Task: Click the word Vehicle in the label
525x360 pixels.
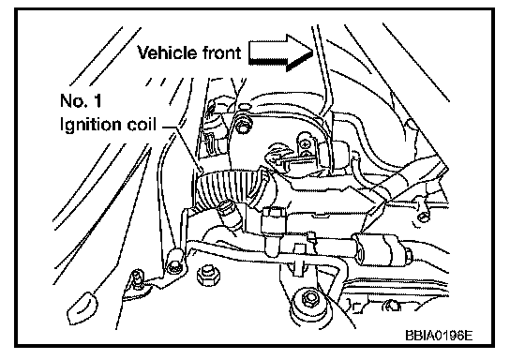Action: [167, 52]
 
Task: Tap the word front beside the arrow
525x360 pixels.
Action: [221, 52]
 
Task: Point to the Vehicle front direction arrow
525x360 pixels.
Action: [281, 52]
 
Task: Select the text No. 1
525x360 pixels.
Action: [81, 100]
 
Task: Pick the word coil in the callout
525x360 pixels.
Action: [142, 125]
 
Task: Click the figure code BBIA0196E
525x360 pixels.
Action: [439, 336]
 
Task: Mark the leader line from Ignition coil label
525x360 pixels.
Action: [183, 146]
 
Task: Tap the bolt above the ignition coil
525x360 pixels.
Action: [243, 126]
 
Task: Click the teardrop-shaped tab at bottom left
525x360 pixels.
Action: [82, 308]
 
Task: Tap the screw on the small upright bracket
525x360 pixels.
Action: [305, 144]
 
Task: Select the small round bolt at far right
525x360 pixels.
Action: [423, 217]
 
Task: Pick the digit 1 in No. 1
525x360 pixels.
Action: [97, 100]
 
